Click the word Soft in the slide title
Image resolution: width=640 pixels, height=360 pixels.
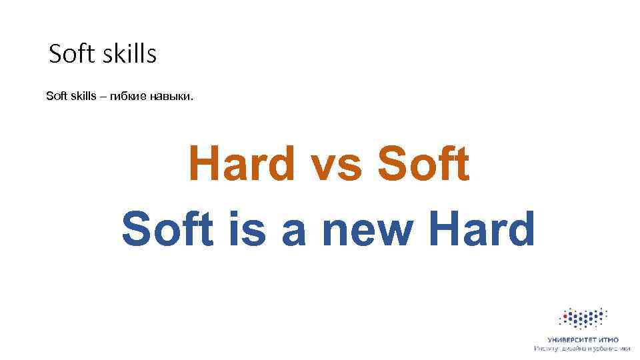point(72,54)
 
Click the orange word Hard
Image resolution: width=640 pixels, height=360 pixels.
point(242,164)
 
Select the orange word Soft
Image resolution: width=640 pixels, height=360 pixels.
point(424,164)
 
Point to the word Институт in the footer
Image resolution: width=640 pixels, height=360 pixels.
point(549,348)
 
